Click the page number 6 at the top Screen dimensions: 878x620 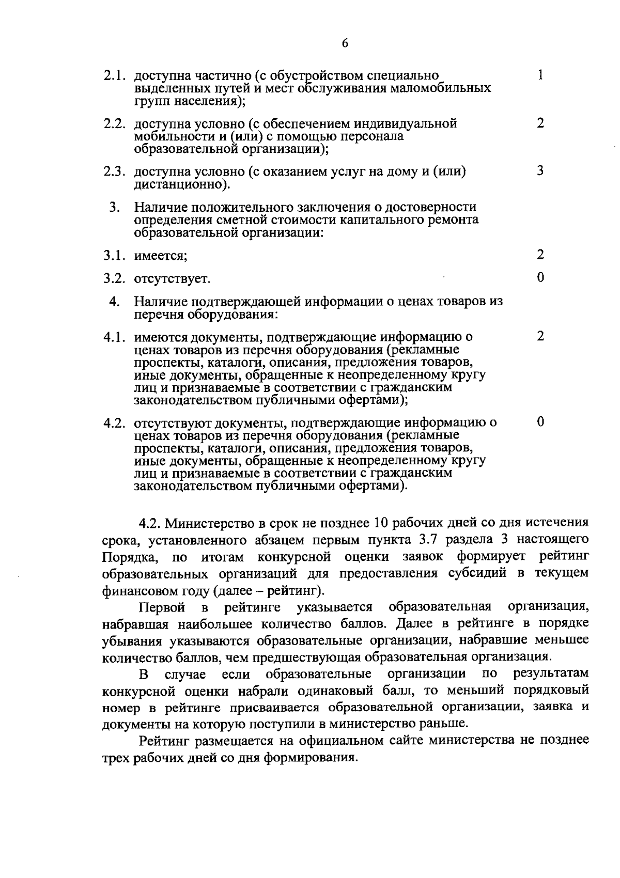tap(345, 44)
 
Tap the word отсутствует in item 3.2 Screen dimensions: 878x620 tap(172, 279)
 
